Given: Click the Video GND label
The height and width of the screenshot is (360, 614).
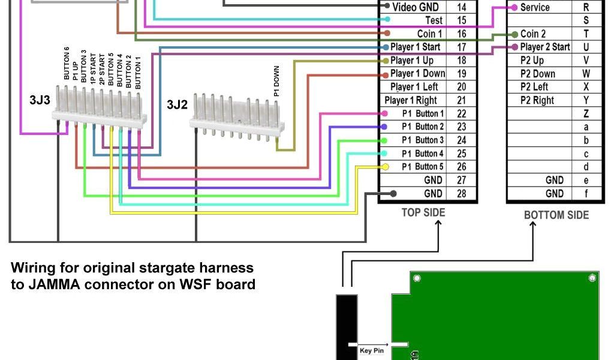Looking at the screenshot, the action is coord(415,7).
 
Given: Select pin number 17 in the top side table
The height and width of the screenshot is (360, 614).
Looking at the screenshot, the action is coord(462,47).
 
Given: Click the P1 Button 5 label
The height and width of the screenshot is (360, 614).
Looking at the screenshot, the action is coord(422,167).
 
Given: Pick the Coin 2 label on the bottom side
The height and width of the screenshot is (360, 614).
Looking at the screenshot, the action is coord(533,34).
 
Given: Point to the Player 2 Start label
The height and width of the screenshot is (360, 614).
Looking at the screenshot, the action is coord(544,47).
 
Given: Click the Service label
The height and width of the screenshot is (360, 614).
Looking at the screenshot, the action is coord(535,7).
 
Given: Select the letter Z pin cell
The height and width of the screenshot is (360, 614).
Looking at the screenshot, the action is coord(586,113).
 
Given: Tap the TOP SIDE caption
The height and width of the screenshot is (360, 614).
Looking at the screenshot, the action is coord(423,212).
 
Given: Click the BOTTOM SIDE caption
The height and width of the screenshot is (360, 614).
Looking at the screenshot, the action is coord(556,215).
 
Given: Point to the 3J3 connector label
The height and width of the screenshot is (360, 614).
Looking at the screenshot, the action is coord(40,100).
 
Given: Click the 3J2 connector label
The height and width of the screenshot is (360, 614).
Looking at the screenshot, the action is coord(177,104).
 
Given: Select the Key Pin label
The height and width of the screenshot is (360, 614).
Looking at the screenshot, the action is coord(372,350).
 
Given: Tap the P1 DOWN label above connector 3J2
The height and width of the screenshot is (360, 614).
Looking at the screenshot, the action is coord(276,82).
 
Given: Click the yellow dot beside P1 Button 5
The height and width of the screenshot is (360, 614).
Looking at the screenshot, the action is coord(386,167).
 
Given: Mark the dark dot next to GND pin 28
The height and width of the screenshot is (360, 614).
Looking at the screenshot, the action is coord(393,193).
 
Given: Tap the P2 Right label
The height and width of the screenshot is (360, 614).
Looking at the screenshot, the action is coord(537,100).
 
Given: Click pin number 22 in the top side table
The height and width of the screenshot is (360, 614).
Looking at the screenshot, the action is coord(462,113).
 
